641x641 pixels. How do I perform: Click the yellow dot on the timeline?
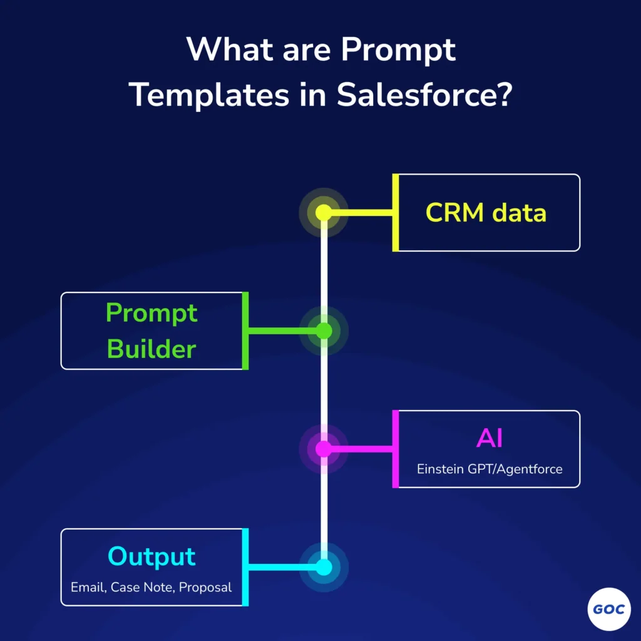coord(324,213)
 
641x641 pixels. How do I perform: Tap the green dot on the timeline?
coord(324,331)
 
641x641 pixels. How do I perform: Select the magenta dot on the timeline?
coord(324,449)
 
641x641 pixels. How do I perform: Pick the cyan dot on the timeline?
coord(324,567)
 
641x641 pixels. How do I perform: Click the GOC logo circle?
coord(609,609)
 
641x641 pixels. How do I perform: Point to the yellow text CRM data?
coord(486,213)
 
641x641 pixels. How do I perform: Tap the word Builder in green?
coord(151,349)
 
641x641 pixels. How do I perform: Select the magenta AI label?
coord(490,438)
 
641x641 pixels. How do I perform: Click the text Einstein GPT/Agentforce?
coord(490,469)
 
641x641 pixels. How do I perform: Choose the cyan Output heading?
coord(151,556)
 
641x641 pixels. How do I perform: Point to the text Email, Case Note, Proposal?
coord(151,587)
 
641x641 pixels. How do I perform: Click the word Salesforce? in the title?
coord(424,95)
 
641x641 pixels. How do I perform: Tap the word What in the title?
coord(230,49)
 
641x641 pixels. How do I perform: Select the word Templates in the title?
coord(209,96)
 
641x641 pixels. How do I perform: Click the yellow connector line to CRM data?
coord(362,213)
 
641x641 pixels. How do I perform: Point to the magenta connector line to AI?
coord(362,449)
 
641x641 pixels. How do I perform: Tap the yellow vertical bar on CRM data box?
coord(396,213)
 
